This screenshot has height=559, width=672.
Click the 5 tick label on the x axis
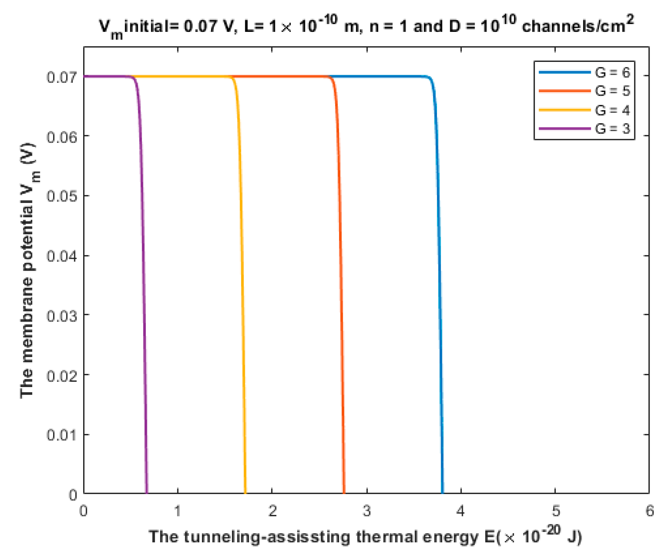tap(555, 511)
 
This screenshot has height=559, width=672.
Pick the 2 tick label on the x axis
tap(272, 511)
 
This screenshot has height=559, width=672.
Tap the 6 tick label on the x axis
tap(650, 511)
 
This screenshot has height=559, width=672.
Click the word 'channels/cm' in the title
tap(573, 27)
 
